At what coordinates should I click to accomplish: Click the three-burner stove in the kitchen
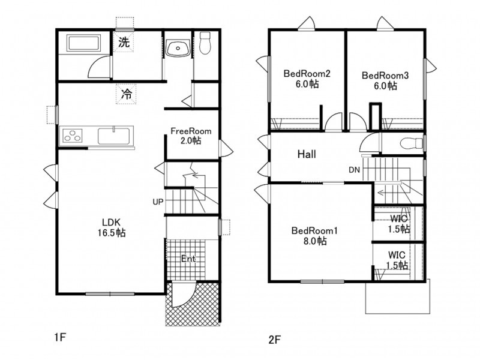pyautogui.click(x=73, y=136)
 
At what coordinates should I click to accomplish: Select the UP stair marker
pyautogui.click(x=158, y=202)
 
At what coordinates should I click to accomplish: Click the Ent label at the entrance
pyautogui.click(x=190, y=259)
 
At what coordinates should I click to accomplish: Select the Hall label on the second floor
pyautogui.click(x=307, y=154)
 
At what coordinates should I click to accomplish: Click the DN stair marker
pyautogui.click(x=354, y=170)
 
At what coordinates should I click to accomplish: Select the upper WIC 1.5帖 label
pyautogui.click(x=398, y=223)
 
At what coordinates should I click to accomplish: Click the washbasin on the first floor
pyautogui.click(x=176, y=48)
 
